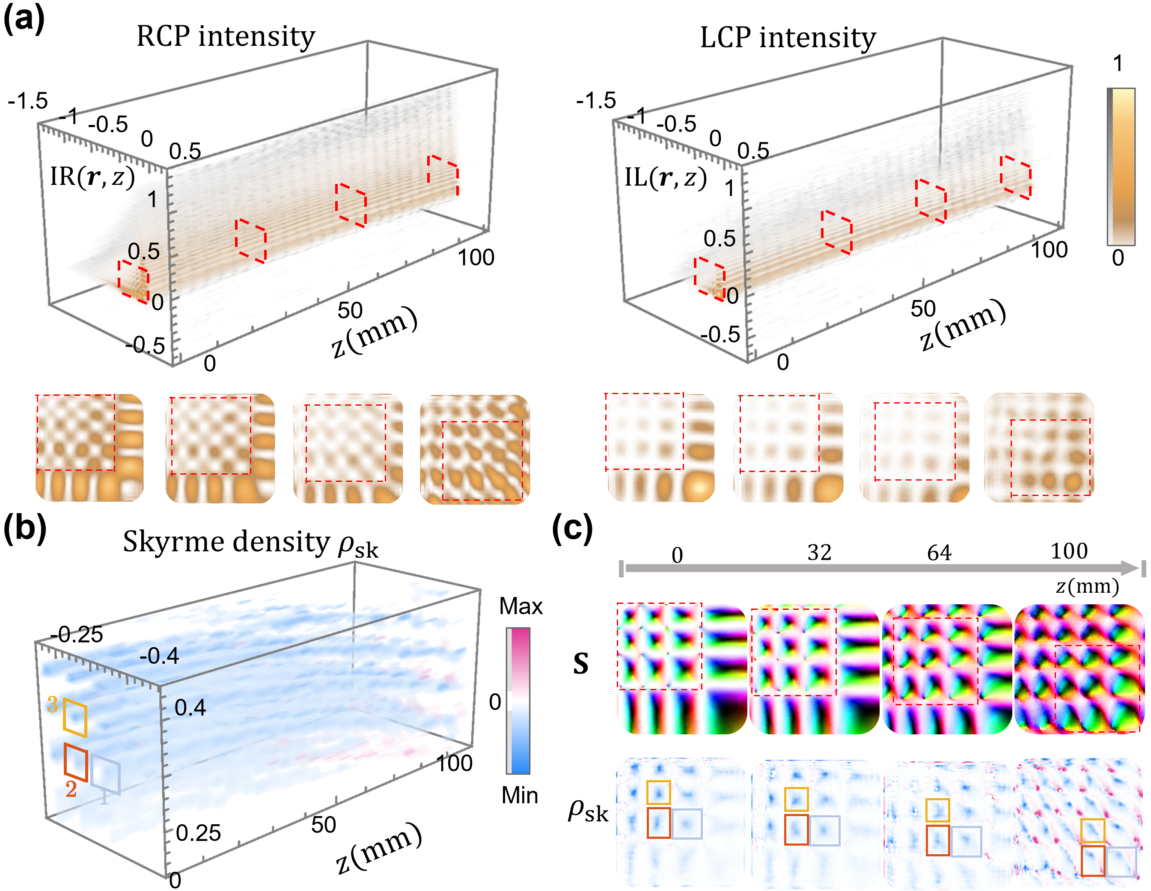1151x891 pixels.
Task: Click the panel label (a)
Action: [x=23, y=20]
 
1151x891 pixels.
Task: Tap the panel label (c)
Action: [x=572, y=529]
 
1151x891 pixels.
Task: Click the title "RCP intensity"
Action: [x=226, y=37]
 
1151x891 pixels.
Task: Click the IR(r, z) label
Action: [x=92, y=177]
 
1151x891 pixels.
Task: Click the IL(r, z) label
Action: [x=665, y=178]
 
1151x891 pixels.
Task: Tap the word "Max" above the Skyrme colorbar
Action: [x=520, y=606]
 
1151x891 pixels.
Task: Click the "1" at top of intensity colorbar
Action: [x=1118, y=64]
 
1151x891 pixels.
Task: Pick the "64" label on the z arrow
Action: [x=939, y=553]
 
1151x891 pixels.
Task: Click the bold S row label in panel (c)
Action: [x=581, y=664]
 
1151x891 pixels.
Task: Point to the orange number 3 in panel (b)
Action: [x=52, y=704]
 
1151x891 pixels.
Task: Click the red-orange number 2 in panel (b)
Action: [x=71, y=789]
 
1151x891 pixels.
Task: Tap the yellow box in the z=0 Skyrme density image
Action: [x=658, y=793]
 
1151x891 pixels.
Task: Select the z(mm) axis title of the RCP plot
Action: [x=375, y=333]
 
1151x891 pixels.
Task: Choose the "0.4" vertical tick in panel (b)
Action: [x=190, y=708]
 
